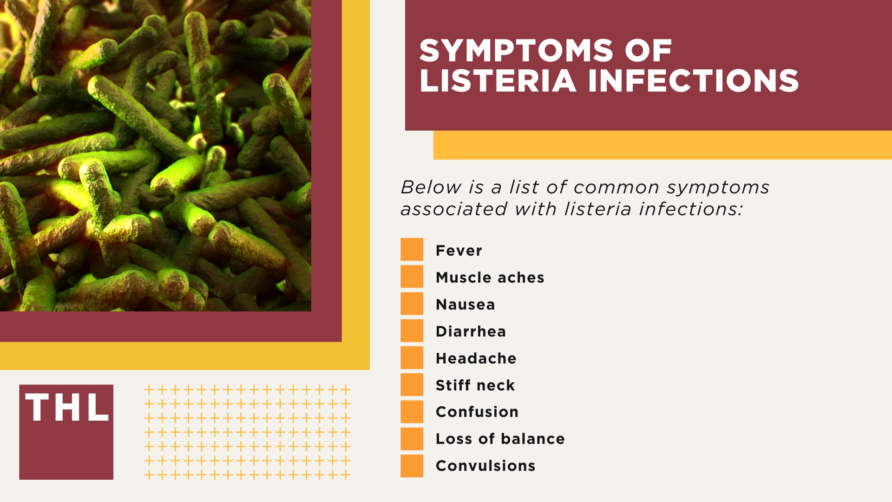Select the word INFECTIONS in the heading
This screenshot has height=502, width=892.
(x=693, y=81)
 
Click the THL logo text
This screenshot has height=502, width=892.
(x=67, y=408)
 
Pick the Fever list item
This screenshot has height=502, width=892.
(x=459, y=251)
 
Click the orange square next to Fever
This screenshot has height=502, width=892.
(x=412, y=250)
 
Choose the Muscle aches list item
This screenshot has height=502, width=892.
(x=490, y=277)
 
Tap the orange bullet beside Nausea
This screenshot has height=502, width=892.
(x=412, y=304)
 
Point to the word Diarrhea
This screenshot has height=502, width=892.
(x=471, y=331)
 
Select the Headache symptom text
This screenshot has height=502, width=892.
(x=476, y=358)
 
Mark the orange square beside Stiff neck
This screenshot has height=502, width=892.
(x=412, y=384)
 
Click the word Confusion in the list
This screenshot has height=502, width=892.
(x=477, y=412)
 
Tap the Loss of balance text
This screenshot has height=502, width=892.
(x=500, y=439)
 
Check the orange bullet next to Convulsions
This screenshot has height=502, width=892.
(x=412, y=466)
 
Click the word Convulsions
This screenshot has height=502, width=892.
(x=485, y=466)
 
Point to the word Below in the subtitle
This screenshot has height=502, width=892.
(x=431, y=187)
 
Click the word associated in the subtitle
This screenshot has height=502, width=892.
(x=453, y=209)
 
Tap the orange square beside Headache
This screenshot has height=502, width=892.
(x=412, y=357)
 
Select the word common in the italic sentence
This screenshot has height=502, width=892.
(x=617, y=187)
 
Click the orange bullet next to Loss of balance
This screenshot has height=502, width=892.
(x=412, y=439)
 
